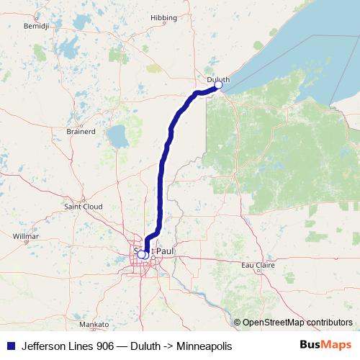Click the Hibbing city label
click(163, 37)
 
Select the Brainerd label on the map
click(80, 132)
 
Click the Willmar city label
click(26, 235)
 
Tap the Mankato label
click(94, 325)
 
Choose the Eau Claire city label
click(258, 265)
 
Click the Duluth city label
click(217, 79)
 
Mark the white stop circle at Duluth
click(218, 86)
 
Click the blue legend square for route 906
click(9, 346)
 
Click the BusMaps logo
click(325, 345)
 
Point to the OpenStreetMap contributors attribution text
click(297, 323)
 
